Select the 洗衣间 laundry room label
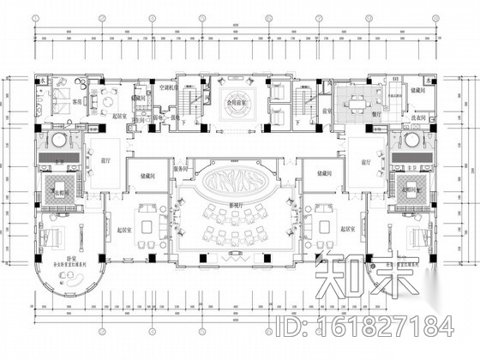417,117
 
